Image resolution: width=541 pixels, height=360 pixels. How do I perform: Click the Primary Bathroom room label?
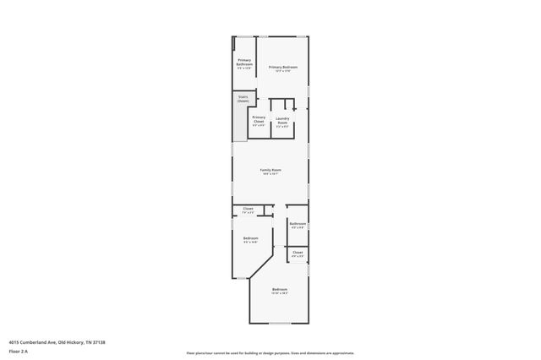tap(244, 62)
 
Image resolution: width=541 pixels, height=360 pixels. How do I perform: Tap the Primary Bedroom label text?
tap(283, 66)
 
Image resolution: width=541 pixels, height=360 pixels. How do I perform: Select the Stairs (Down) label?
tap(243, 99)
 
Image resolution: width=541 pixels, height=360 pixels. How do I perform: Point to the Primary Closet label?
tap(259, 119)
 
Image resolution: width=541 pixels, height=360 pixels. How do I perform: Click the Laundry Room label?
tap(282, 121)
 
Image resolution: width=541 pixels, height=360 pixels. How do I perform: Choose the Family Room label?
tap(270, 170)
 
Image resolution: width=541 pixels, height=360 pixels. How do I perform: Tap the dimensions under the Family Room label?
tap(270, 174)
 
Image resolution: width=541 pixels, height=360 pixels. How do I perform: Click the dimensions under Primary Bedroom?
tap(283, 70)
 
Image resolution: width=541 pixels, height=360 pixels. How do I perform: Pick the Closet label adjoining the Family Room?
tap(248, 208)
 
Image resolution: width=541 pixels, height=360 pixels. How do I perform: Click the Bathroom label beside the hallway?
tap(298, 223)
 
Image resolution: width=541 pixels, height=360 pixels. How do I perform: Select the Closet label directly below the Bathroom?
tap(298, 252)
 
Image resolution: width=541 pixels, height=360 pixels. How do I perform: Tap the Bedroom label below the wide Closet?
tap(250, 238)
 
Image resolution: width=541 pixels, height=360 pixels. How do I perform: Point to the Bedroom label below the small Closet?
tap(280, 290)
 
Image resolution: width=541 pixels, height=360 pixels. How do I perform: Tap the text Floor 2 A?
tap(19, 351)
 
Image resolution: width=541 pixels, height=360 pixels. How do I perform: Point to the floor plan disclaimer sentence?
tap(270, 352)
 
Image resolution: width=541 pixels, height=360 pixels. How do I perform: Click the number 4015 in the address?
tap(14, 341)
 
